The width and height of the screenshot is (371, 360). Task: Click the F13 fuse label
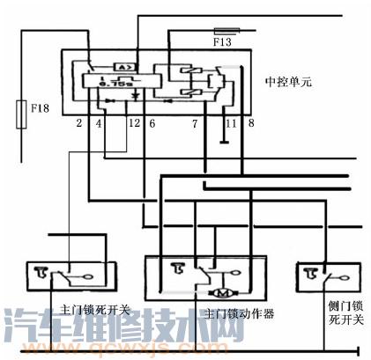(x=221, y=41)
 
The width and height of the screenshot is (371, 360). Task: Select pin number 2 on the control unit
(x=78, y=124)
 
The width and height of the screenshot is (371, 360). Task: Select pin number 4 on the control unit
(x=99, y=124)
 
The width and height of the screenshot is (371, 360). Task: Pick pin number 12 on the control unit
(x=133, y=124)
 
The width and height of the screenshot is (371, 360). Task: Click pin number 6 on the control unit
(x=152, y=124)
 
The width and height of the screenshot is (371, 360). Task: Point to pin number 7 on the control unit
(x=194, y=124)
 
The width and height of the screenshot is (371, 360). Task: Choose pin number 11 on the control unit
(x=231, y=124)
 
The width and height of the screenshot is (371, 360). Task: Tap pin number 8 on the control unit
(x=251, y=124)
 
